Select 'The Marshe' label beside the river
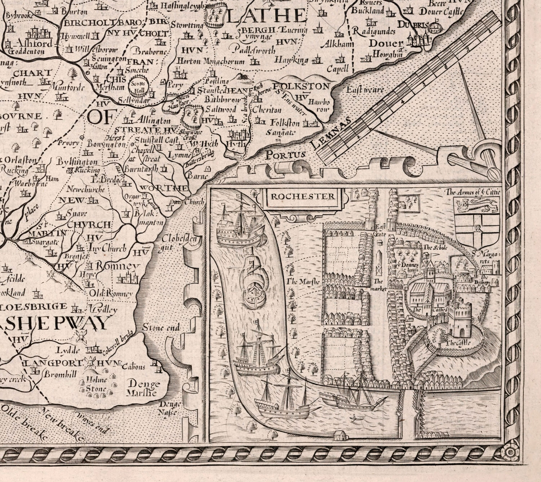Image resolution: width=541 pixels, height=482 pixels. [303, 282]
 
